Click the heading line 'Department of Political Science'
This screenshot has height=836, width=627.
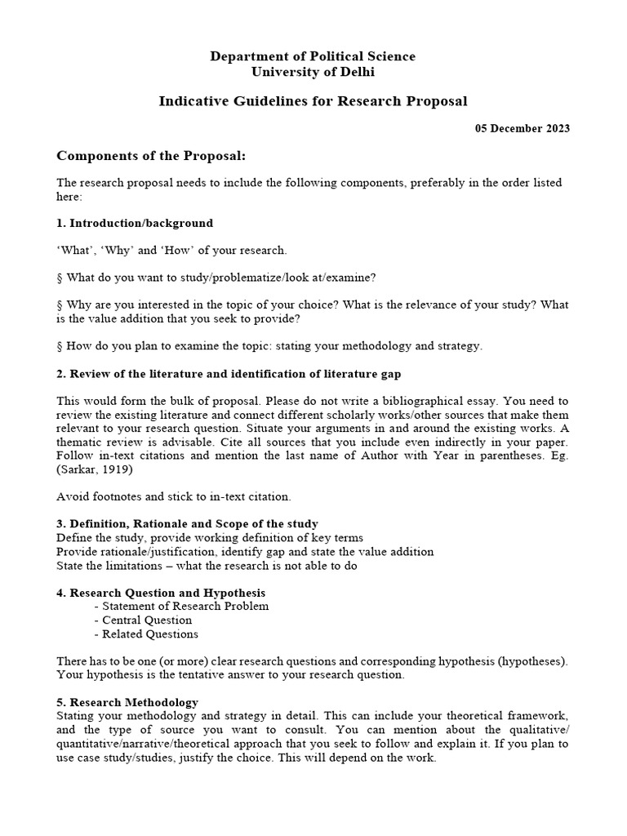pyautogui.click(x=313, y=56)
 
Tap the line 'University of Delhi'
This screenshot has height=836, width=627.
pyautogui.click(x=313, y=72)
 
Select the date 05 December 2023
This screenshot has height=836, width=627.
pyautogui.click(x=522, y=128)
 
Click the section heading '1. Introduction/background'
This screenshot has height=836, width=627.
pyautogui.click(x=135, y=223)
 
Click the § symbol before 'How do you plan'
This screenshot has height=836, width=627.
pyautogui.click(x=60, y=346)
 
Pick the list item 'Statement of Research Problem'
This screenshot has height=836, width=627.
pyautogui.click(x=185, y=607)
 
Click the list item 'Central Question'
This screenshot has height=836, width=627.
pyautogui.click(x=147, y=620)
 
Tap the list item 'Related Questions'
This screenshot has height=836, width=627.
pyautogui.click(x=149, y=634)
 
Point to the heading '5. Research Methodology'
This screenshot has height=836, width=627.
pyautogui.click(x=127, y=702)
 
